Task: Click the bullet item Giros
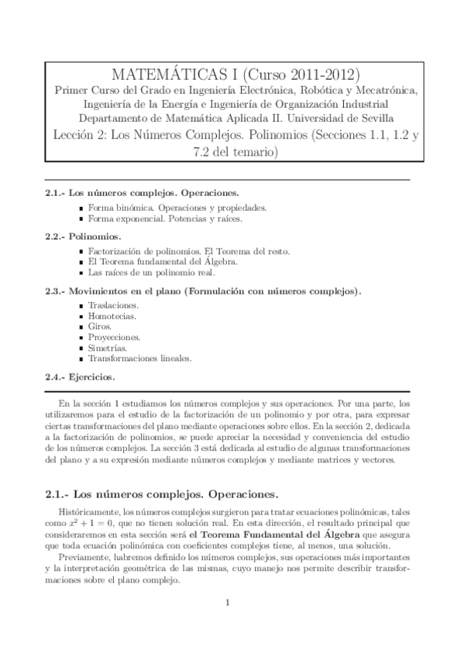click(101, 327)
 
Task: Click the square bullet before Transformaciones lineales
click(81, 359)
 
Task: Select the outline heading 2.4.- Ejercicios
click(80, 377)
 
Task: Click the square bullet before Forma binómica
click(81, 208)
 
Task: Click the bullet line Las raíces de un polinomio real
click(151, 273)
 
